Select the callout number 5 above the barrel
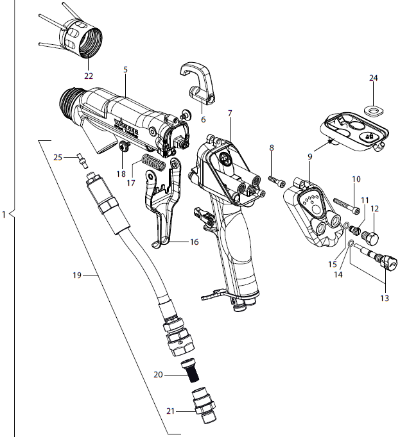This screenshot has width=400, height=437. pyautogui.click(x=125, y=69)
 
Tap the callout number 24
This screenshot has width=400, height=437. pyautogui.click(x=373, y=78)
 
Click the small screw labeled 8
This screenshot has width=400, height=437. pyautogui.click(x=277, y=181)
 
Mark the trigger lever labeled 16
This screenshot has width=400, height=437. pyautogui.click(x=157, y=211)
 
